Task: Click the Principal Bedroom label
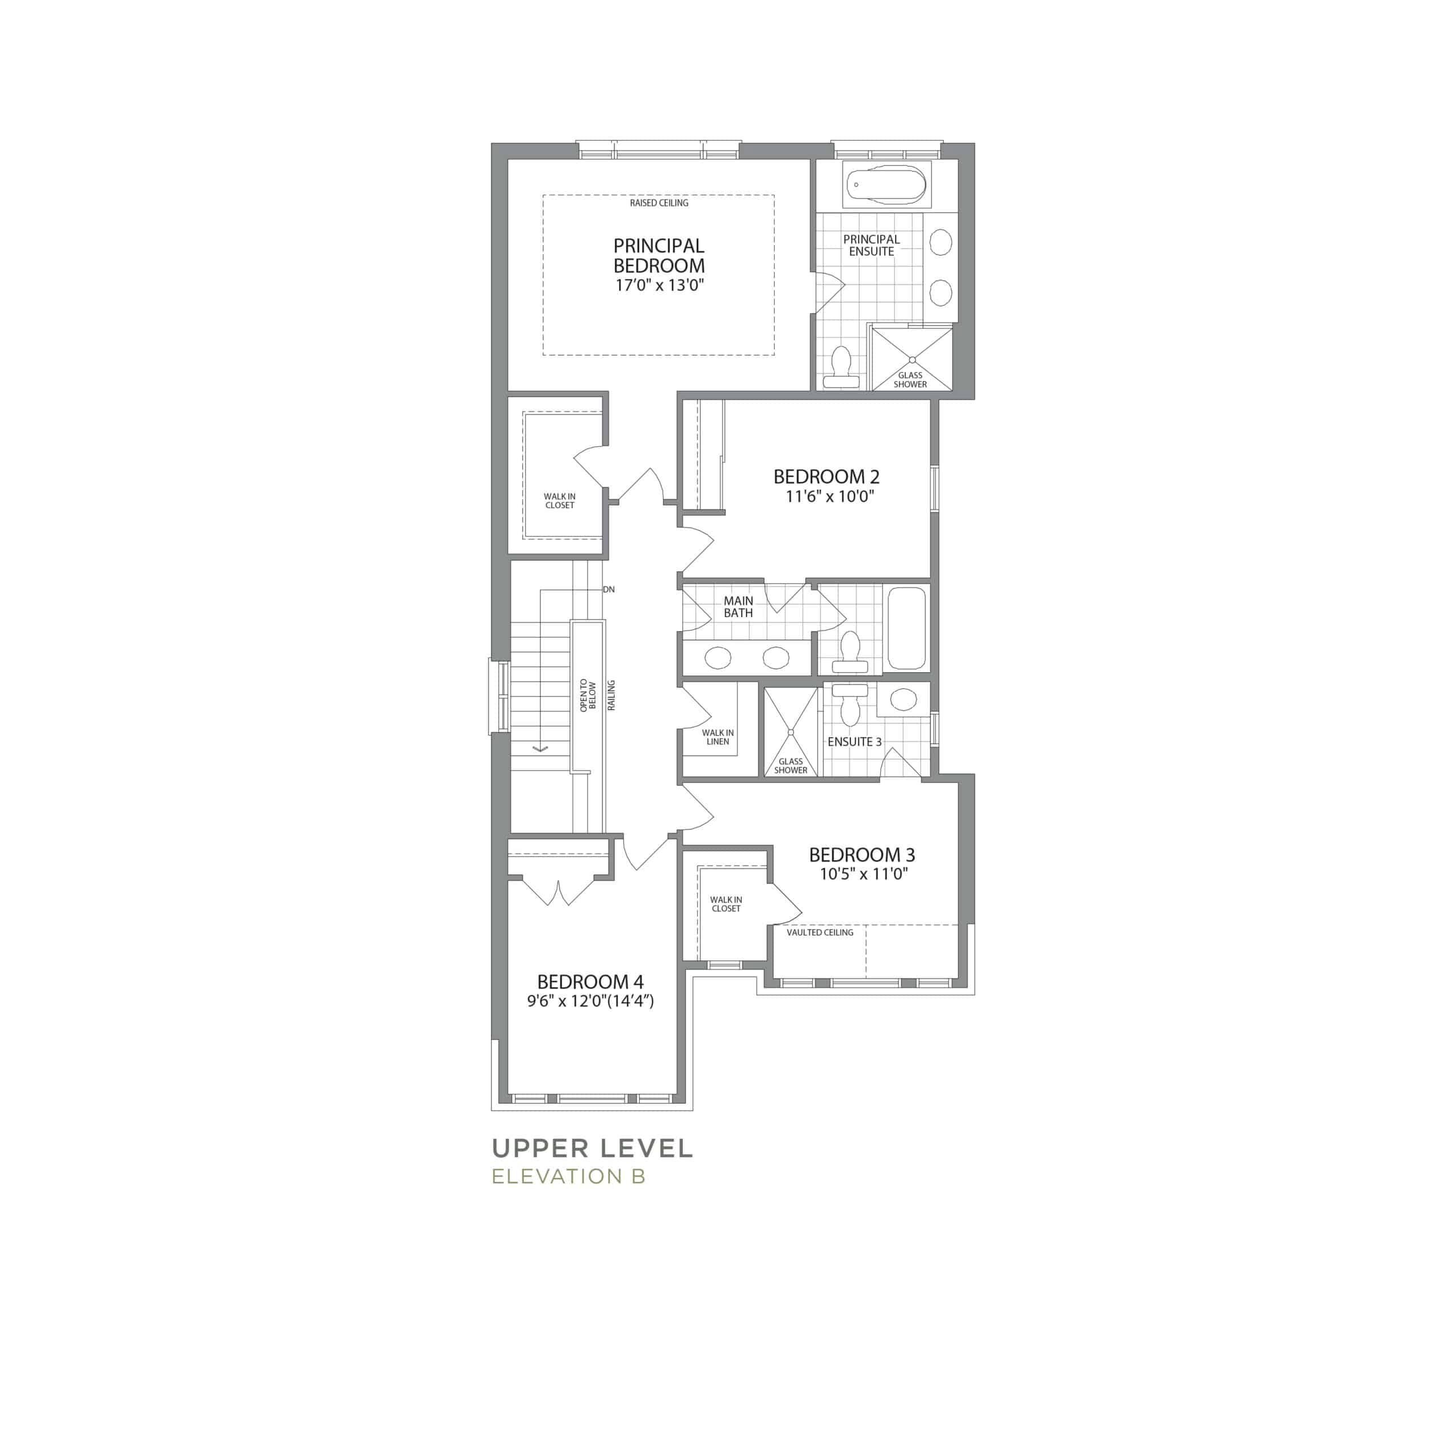tap(659, 256)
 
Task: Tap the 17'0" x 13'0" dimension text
tap(659, 286)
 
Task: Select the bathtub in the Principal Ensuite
tap(887, 184)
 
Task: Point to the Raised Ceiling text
tap(659, 203)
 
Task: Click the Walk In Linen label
tap(717, 737)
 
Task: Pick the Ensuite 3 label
tap(855, 742)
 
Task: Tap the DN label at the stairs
tap(609, 589)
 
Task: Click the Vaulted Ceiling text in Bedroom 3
tap(820, 932)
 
